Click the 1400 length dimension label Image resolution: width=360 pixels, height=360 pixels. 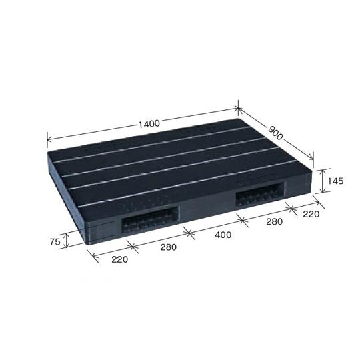149,124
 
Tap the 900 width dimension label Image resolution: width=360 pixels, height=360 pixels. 275,133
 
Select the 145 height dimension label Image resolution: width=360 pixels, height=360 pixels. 335,181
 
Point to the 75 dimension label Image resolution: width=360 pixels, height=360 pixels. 55,241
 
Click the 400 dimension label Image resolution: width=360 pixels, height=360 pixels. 223,235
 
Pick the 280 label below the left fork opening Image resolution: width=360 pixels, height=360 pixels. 169,247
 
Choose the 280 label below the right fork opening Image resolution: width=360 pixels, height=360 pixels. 275,221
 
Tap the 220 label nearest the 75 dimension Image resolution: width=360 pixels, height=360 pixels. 119,260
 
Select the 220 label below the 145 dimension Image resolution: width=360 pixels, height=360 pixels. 311,214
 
